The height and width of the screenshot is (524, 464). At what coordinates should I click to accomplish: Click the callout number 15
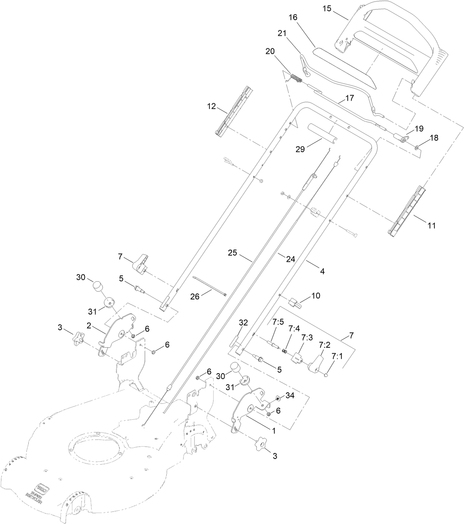[x=327, y=8]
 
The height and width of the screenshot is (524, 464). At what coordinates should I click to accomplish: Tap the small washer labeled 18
[x=416, y=148]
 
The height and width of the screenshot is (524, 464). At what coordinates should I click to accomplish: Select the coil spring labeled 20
[x=296, y=78]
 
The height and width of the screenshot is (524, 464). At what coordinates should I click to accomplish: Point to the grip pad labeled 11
[x=406, y=211]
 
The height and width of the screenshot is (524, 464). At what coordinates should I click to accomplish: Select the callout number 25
[x=232, y=254]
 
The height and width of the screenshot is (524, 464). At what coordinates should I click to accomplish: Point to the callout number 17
[x=349, y=98]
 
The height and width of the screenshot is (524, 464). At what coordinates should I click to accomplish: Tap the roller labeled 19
[x=402, y=140]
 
